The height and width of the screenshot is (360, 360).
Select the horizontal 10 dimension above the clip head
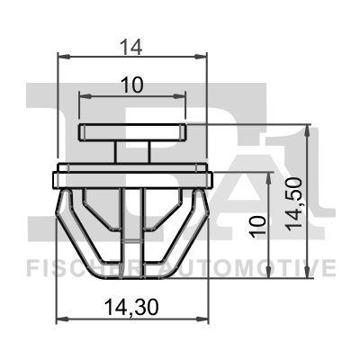[x=132, y=85]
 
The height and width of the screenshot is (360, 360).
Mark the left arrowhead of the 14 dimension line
[x=61, y=56]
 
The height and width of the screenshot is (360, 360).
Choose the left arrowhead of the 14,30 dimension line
[x=60, y=319]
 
